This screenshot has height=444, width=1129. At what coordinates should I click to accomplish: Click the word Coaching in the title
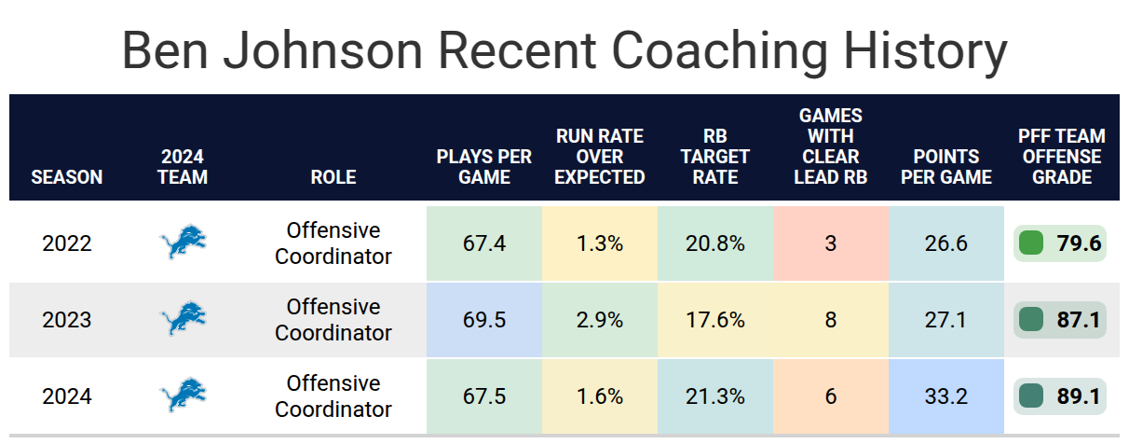coord(719,51)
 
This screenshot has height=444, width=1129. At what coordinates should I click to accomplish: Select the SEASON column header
coord(66,177)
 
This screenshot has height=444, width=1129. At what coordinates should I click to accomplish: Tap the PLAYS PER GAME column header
coord(483,166)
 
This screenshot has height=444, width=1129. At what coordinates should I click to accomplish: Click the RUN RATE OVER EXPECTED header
coord(599,157)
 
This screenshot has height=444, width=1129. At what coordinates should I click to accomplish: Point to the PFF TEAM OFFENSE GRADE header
coord(1061,157)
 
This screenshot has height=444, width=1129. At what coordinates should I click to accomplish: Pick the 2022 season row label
coord(66,243)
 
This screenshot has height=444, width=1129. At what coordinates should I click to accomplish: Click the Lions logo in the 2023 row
coord(183,318)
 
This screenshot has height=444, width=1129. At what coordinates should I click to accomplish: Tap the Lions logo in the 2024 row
coord(183,395)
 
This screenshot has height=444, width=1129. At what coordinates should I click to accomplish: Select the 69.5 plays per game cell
coord(483,320)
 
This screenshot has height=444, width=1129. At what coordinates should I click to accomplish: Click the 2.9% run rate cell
coord(599,320)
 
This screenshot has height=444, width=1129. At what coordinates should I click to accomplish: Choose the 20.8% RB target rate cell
coord(715,243)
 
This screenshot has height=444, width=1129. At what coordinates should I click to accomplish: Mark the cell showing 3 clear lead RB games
coord(831,243)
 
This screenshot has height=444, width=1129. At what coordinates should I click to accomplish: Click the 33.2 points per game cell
coord(946,396)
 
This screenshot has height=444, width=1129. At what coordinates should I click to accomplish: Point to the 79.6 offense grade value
coord(1079,243)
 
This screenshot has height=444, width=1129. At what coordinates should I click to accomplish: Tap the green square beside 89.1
coord(1030,396)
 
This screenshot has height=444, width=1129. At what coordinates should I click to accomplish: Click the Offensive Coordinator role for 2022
coord(333,243)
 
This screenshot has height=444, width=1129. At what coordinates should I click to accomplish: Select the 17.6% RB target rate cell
coord(715,320)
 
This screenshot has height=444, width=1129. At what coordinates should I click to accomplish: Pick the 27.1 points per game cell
coord(946,320)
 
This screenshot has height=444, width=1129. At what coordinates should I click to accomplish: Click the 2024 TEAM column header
coord(183,166)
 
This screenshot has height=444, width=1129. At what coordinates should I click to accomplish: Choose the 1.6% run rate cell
coord(599,396)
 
